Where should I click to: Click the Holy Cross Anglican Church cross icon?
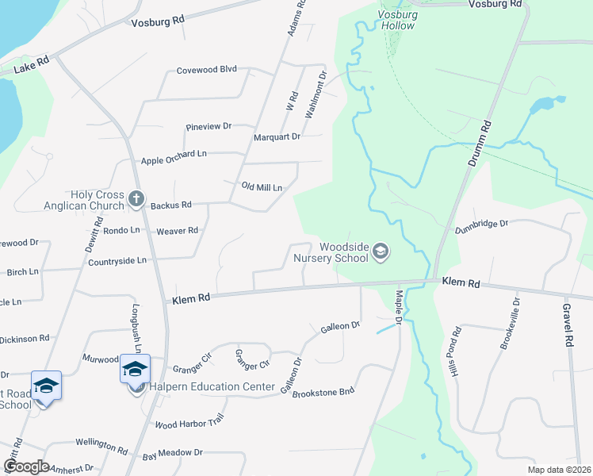pyautogui.click(x=136, y=198)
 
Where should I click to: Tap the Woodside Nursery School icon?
pyautogui.click(x=381, y=252)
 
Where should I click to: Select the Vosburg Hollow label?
pyautogui.click(x=396, y=20)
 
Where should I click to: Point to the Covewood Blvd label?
pyautogui.click(x=207, y=69)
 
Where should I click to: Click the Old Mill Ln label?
pyautogui.click(x=262, y=187)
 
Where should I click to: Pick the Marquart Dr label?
pyautogui.click(x=277, y=136)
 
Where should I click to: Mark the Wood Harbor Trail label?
pyautogui.click(x=190, y=422)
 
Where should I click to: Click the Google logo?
pyautogui.click(x=26, y=466)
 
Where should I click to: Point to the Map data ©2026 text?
pyautogui.click(x=559, y=470)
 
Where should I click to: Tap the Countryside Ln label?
pyautogui.click(x=117, y=260)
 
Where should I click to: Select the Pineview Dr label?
pyautogui.click(x=208, y=126)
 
